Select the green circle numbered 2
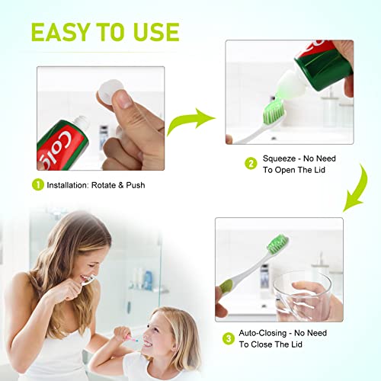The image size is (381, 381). [x=251, y=162]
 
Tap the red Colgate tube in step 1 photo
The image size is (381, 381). [x=72, y=137]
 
